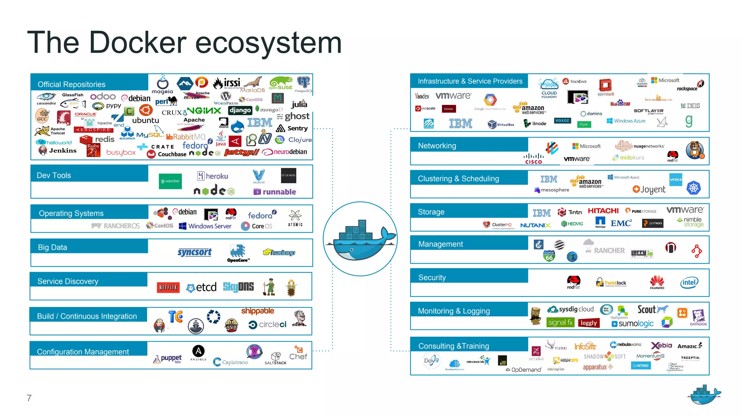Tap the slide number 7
point(29,398)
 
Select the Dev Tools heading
point(54,176)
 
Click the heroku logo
point(213,176)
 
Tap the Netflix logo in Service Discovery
point(168,287)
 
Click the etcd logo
point(201,287)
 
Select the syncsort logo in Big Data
point(195,252)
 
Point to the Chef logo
point(298,354)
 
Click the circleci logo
point(267,325)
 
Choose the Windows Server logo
point(205,226)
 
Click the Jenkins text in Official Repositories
point(63,151)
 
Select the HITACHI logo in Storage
point(603,211)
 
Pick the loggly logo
point(588,323)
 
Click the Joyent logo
point(649,189)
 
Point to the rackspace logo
point(687,88)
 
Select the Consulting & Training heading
point(454,346)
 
